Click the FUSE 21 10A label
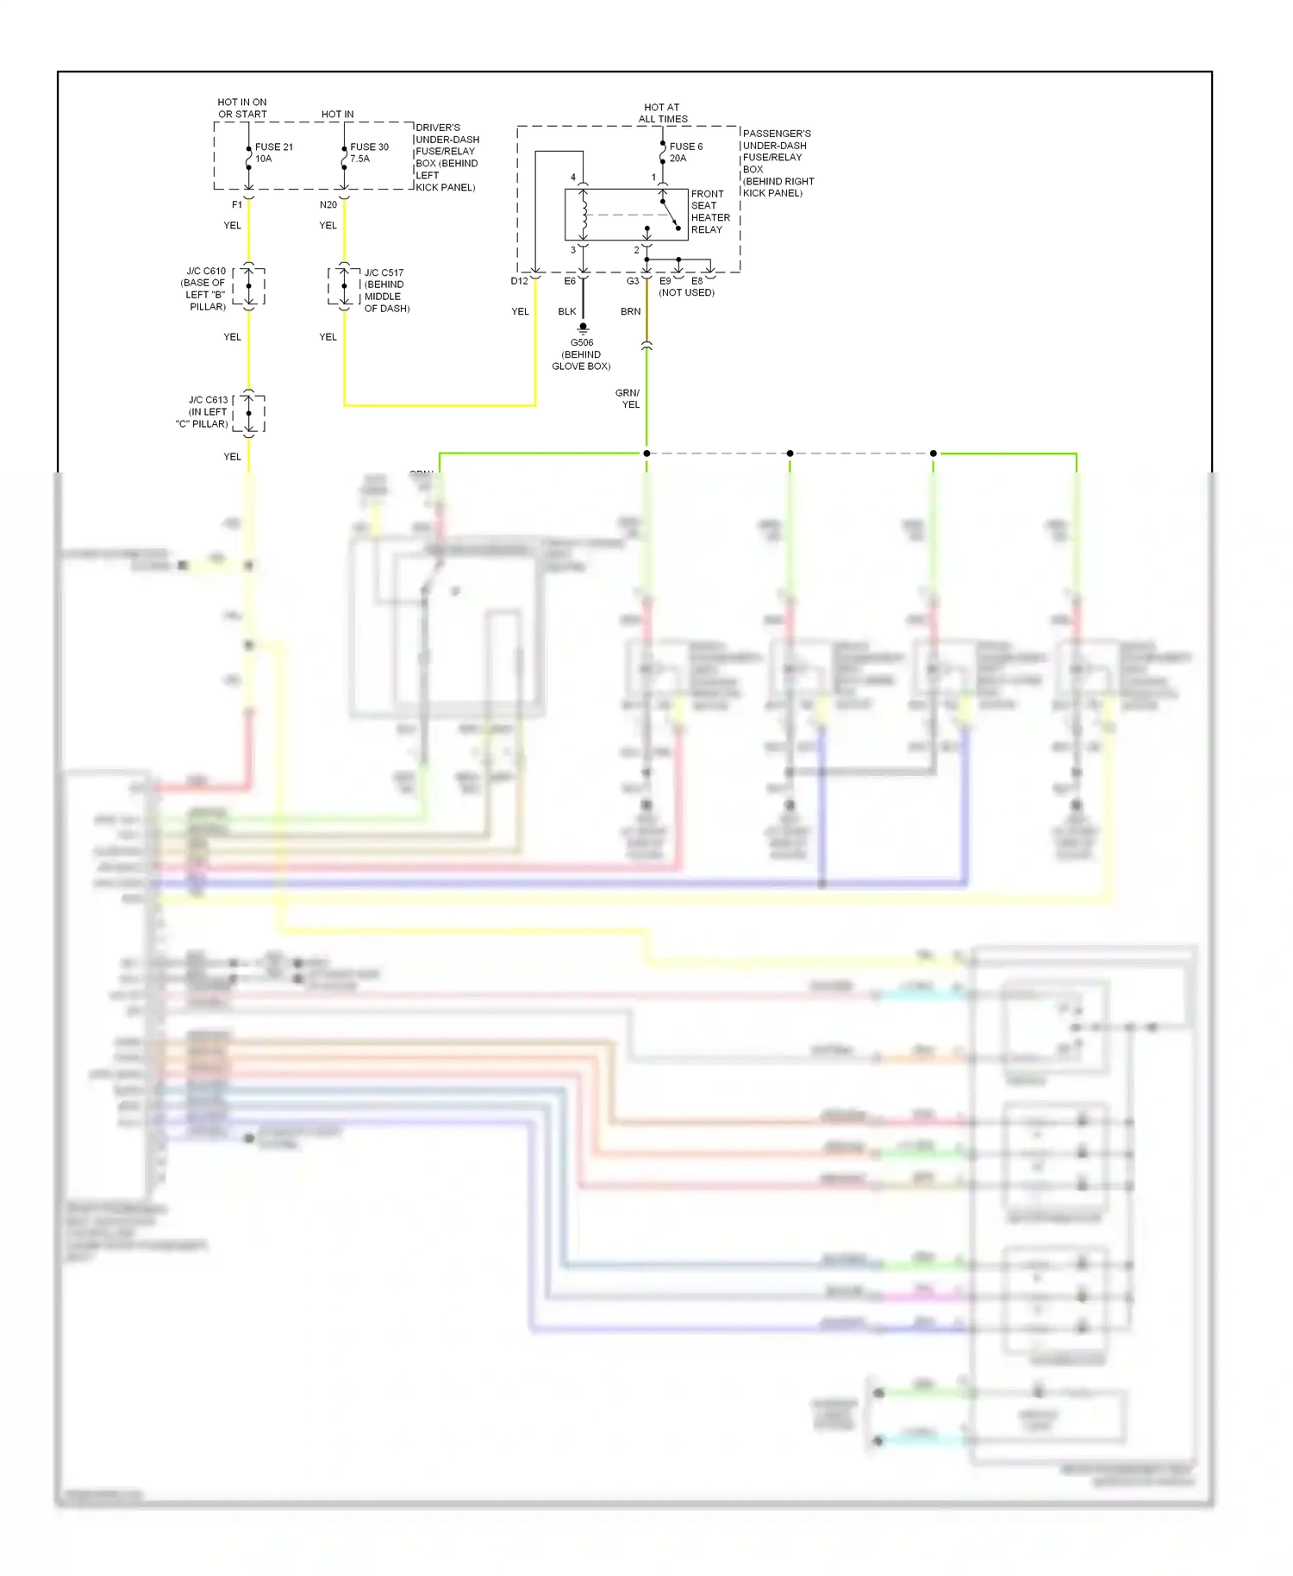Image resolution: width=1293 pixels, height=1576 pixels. pyautogui.click(x=273, y=153)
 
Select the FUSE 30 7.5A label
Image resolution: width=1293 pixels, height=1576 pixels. pyautogui.click(x=369, y=153)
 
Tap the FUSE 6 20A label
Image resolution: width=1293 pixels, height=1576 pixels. pyautogui.click(x=685, y=153)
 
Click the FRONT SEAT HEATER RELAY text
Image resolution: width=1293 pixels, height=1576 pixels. pyautogui.click(x=709, y=212)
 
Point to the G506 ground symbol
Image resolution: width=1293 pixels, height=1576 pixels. pyautogui.click(x=583, y=328)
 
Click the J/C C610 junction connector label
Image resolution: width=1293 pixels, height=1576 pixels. pyautogui.click(x=204, y=289)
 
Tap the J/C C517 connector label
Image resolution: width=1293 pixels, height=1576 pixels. pyautogui.click(x=385, y=291)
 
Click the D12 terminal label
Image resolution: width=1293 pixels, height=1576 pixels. pyautogui.click(x=519, y=281)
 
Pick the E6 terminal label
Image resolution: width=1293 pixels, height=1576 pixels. pyautogui.click(x=570, y=281)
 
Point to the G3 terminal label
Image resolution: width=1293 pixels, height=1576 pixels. pyautogui.click(x=633, y=281)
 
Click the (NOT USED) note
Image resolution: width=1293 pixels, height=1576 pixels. pyautogui.click(x=686, y=293)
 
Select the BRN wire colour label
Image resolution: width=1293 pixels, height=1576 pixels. pyautogui.click(x=630, y=311)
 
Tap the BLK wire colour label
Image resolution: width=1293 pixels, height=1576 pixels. pyautogui.click(x=566, y=311)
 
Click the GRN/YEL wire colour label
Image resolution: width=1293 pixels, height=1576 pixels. pyautogui.click(x=628, y=398)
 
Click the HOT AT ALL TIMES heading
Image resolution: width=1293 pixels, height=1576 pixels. pyautogui.click(x=662, y=113)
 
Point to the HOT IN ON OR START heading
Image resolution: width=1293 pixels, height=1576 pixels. pyautogui.click(x=242, y=108)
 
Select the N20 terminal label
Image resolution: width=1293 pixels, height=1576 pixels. pyautogui.click(x=328, y=205)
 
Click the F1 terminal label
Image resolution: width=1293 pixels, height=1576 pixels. pyautogui.click(x=237, y=205)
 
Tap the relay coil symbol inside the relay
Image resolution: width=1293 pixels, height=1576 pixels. pyautogui.click(x=584, y=216)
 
